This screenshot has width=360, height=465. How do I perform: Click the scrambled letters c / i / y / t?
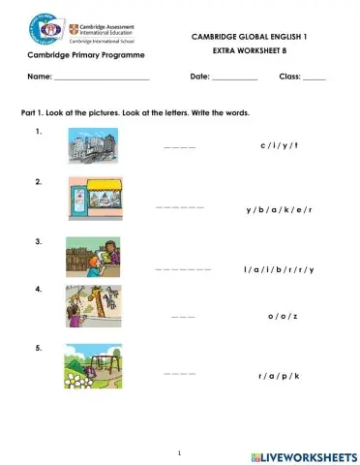point(280,145)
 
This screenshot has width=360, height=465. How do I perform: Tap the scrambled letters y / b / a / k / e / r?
point(280,209)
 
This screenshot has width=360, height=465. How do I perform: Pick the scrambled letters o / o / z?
point(283,317)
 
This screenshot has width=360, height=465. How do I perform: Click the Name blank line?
point(102,77)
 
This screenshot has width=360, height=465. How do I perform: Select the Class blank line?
point(315,77)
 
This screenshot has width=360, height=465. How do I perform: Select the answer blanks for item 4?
point(183,317)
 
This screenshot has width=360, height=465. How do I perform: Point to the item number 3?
point(38,241)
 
